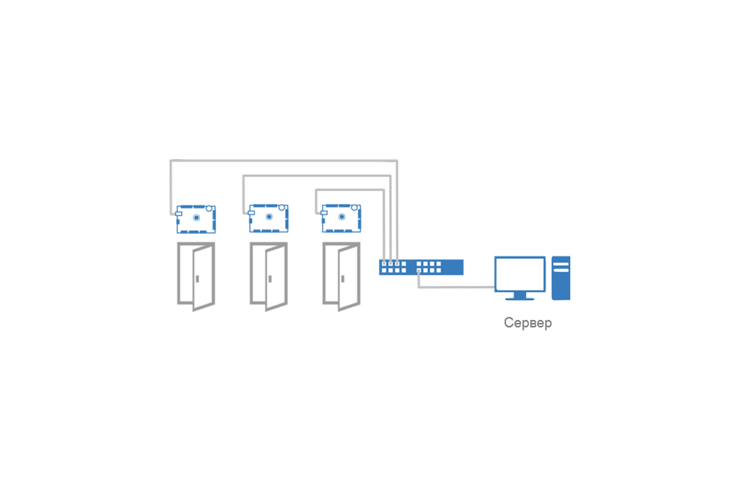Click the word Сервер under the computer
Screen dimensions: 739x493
[x=528, y=323]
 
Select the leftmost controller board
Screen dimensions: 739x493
[x=196, y=219]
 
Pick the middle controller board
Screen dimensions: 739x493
[x=269, y=218]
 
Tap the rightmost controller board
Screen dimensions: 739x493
[x=341, y=218]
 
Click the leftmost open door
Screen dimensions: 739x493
[x=196, y=277]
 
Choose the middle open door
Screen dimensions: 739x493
[x=269, y=277]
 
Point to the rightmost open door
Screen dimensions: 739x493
[x=341, y=277]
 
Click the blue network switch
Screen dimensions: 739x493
[x=421, y=267]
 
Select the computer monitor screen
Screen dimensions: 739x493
[x=520, y=274]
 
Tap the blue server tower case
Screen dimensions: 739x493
[x=561, y=278]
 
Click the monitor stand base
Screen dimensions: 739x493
[x=520, y=299]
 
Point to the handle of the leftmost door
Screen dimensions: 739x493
[x=197, y=279]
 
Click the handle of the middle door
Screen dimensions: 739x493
[x=270, y=279]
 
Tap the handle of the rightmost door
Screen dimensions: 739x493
[x=342, y=279]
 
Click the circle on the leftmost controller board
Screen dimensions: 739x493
[x=209, y=209]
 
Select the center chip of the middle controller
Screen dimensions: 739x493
[x=269, y=217]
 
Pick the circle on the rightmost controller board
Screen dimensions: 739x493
[x=354, y=208]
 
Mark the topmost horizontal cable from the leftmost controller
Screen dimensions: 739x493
[x=284, y=161]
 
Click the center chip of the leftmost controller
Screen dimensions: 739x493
[x=196, y=218]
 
